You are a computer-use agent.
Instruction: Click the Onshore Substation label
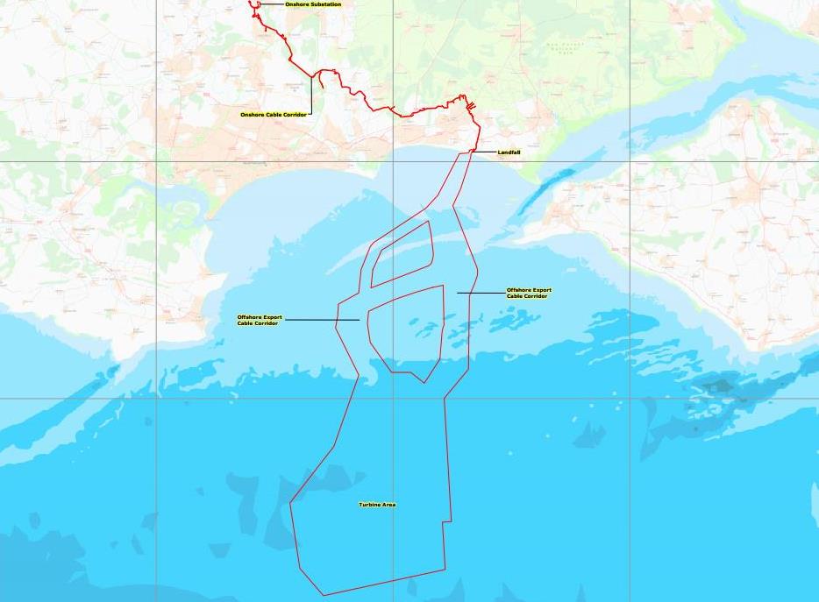tap(313, 4)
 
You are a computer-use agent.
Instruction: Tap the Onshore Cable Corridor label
tap(274, 115)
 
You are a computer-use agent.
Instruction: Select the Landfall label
tap(509, 152)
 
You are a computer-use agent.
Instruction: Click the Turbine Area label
tap(377, 505)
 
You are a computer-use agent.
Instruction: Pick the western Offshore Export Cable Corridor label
tap(258, 320)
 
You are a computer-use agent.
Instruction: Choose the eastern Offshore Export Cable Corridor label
tap(529, 293)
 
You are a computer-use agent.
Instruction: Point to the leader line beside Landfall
tap(485, 152)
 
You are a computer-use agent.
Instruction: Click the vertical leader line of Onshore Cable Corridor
tap(310, 95)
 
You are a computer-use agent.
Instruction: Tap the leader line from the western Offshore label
tap(322, 320)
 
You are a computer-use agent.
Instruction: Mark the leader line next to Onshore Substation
tap(272, 4)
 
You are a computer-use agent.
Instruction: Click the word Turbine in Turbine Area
tap(369, 505)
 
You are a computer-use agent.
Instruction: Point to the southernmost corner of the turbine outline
tap(324, 595)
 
